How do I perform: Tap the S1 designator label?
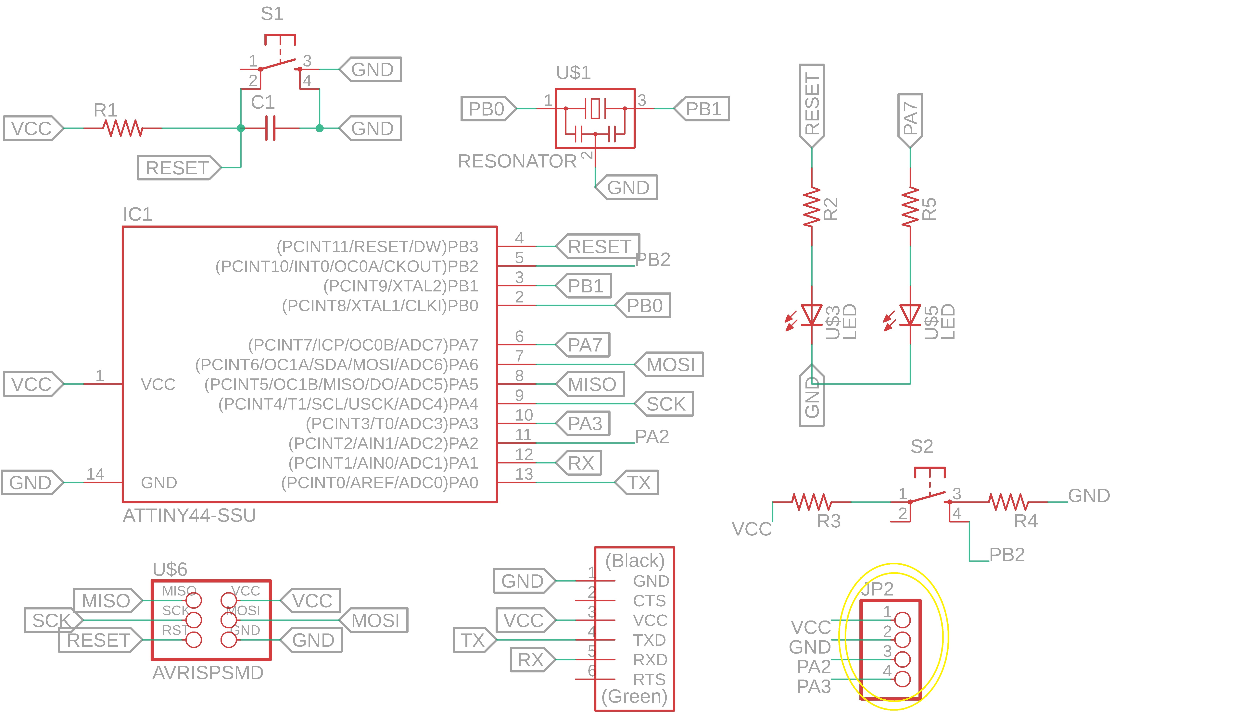pyautogui.click(x=272, y=14)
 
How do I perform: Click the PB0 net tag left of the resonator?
pyautogui.click(x=487, y=109)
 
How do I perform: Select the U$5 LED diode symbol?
pyautogui.click(x=910, y=315)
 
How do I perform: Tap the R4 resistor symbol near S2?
pyautogui.click(x=1008, y=502)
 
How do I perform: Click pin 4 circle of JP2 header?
pyautogui.click(x=902, y=679)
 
